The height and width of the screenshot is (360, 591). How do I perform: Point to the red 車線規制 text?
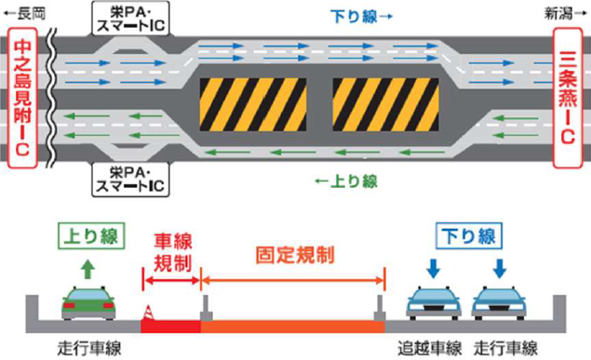point(171,251)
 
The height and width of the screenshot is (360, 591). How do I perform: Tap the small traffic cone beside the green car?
point(146,313)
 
